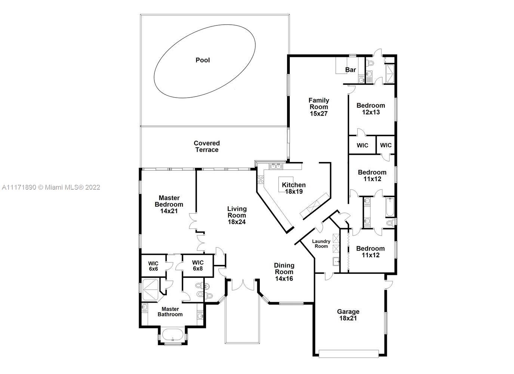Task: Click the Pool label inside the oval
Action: pyautogui.click(x=203, y=60)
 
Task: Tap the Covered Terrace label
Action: pyautogui.click(x=207, y=147)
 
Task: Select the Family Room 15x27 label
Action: pyautogui.click(x=319, y=107)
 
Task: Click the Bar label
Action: pyautogui.click(x=351, y=70)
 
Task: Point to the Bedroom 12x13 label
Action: pyautogui.click(x=371, y=109)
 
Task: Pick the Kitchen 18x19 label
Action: pyautogui.click(x=294, y=188)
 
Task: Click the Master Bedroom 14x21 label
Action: pyautogui.click(x=169, y=204)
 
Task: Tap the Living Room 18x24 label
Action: pyautogui.click(x=237, y=215)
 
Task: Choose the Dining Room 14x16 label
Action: pyautogui.click(x=284, y=272)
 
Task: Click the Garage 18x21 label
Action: pyautogui.click(x=348, y=315)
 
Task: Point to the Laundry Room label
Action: pyautogui.click(x=321, y=243)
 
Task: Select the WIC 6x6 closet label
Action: pyautogui.click(x=153, y=266)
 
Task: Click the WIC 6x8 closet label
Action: pyautogui.click(x=198, y=266)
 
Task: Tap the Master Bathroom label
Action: pyautogui.click(x=170, y=312)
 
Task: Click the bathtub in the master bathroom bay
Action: pyautogui.click(x=173, y=335)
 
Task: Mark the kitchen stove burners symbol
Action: pyautogui.click(x=261, y=180)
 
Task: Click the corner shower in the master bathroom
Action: pyautogui.click(x=151, y=290)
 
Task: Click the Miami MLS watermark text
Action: pyautogui.click(x=51, y=187)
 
